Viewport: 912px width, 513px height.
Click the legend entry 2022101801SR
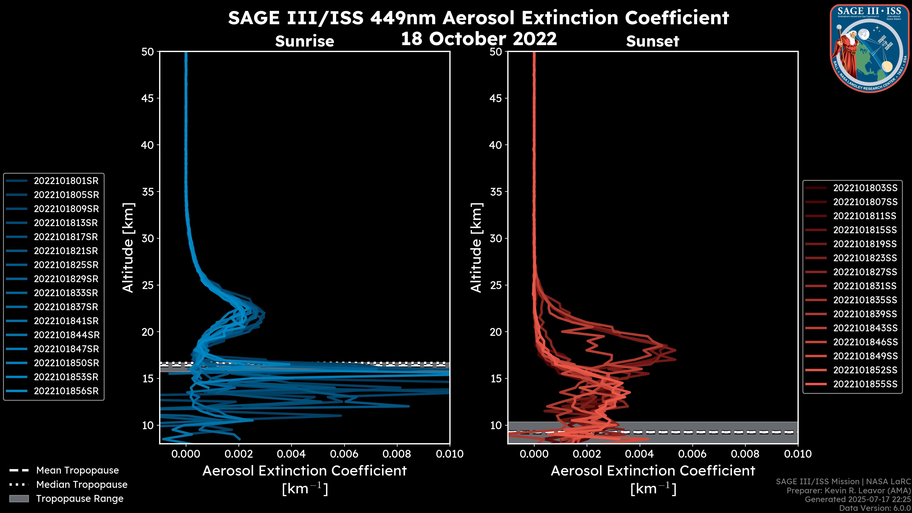tap(66, 181)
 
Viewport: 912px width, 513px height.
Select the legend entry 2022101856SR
tap(66, 391)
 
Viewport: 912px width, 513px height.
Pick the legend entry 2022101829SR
tap(66, 279)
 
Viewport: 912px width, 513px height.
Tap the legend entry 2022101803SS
tap(865, 188)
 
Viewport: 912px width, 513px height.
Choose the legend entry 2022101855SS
tap(865, 384)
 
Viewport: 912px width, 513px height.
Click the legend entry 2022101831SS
tap(865, 286)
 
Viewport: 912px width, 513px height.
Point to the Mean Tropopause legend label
tap(77, 470)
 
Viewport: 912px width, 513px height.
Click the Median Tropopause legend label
tap(81, 485)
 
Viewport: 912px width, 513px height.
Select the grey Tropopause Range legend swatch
tap(19, 499)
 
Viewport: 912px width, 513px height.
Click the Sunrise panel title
tap(304, 41)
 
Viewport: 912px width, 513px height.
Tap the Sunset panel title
tap(652, 41)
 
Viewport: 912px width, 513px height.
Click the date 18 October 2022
tap(479, 38)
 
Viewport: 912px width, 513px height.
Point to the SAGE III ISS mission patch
tap(869, 48)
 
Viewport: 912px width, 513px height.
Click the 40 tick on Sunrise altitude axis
tap(148, 145)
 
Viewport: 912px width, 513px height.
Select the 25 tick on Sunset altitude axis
tap(496, 285)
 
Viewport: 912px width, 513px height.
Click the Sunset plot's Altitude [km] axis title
tap(476, 247)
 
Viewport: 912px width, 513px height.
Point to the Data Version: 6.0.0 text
tap(874, 508)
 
